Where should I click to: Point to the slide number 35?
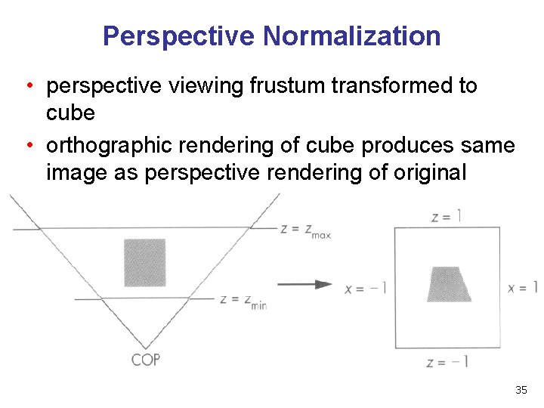521,390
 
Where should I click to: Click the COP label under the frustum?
146,360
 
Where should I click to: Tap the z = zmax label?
305,230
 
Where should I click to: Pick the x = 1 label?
523,288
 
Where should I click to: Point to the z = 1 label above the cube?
446,217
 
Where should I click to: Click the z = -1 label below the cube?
447,362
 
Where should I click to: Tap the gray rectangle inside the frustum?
144,262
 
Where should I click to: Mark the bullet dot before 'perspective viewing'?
28,86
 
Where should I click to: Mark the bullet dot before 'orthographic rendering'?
28,145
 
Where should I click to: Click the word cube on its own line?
70,113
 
